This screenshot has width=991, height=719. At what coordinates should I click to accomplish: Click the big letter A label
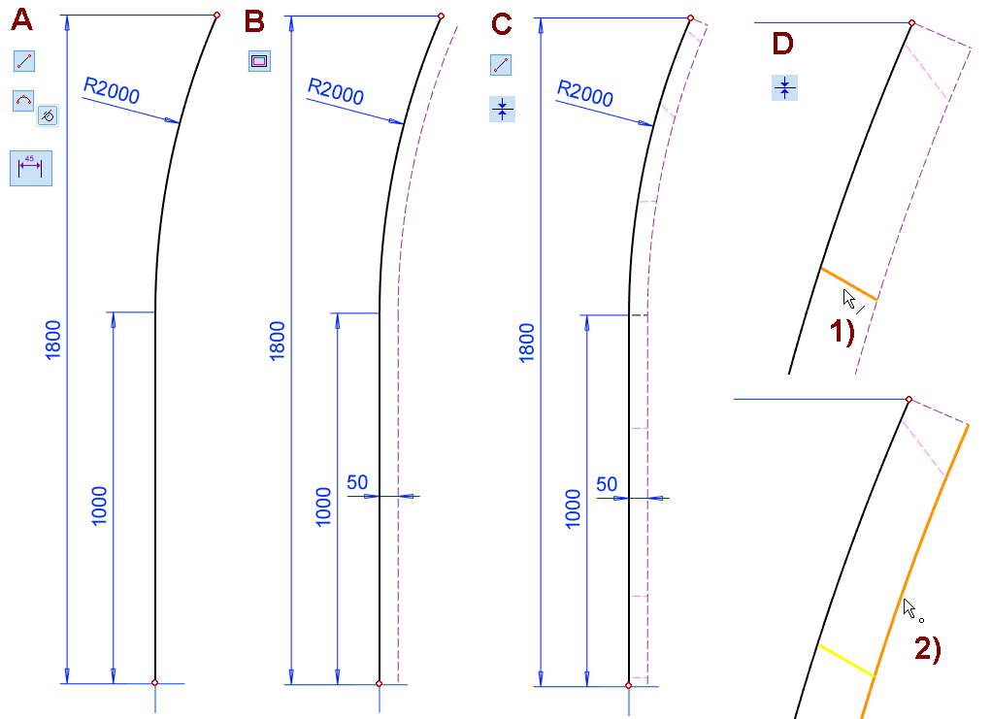22,20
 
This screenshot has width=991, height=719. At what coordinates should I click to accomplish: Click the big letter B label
254,21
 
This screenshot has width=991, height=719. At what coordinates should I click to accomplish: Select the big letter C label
501,24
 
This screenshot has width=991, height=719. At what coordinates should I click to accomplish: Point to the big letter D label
782,44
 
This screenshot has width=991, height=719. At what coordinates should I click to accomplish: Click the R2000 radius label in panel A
112,90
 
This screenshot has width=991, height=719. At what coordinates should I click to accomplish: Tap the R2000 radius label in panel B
336,91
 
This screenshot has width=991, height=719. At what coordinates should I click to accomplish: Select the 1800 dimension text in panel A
53,340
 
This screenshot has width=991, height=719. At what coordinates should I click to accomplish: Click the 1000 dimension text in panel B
323,507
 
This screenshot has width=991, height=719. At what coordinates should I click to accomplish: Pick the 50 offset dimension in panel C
607,484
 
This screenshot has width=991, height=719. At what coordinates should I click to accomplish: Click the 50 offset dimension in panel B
357,482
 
